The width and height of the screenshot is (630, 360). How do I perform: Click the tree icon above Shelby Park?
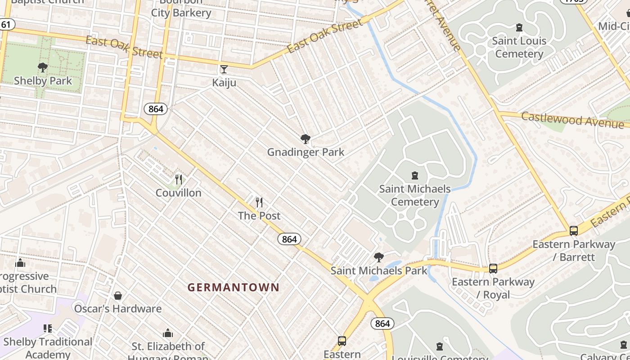tap(43, 67)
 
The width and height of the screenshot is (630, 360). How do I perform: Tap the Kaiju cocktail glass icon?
tap(224, 69)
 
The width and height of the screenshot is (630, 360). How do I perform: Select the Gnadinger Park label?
tap(306, 152)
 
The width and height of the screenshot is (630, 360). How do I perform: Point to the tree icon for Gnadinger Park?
tap(306, 139)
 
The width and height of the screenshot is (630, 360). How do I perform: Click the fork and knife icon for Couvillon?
tap(179, 180)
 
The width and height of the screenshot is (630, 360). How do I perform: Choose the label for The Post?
tap(259, 216)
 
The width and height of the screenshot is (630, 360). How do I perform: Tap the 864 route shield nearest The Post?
tap(289, 239)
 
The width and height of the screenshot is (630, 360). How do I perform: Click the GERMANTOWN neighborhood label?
tap(233, 287)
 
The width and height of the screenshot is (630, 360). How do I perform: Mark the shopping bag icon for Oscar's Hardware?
tap(118, 296)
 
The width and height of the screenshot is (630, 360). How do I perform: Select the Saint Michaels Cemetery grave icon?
tap(415, 175)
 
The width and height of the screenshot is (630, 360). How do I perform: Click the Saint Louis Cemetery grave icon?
tap(519, 27)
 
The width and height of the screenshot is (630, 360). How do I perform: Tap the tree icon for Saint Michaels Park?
tap(379, 257)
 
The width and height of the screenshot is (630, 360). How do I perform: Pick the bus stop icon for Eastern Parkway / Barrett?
tap(574, 231)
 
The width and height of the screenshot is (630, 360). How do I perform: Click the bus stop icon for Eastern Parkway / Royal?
tap(493, 269)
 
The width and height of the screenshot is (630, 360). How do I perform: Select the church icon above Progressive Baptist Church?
tap(20, 263)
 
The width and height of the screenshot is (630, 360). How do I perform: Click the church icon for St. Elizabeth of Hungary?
tap(168, 333)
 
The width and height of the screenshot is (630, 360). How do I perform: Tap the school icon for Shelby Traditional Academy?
tap(48, 328)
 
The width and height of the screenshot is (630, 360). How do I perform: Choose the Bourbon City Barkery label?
tap(181, 8)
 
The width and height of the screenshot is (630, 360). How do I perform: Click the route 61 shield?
tap(6, 24)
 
